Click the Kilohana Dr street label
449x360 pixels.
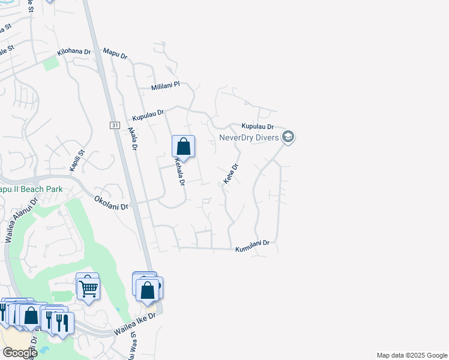point(74,53)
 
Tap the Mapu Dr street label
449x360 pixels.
point(115,55)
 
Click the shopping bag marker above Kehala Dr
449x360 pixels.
point(183,146)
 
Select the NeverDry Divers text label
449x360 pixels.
point(249,137)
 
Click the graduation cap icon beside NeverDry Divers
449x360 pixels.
point(288,137)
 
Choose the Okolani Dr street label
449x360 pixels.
point(112,202)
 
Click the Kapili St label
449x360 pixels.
point(77,161)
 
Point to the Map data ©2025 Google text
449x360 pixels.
point(411,355)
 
